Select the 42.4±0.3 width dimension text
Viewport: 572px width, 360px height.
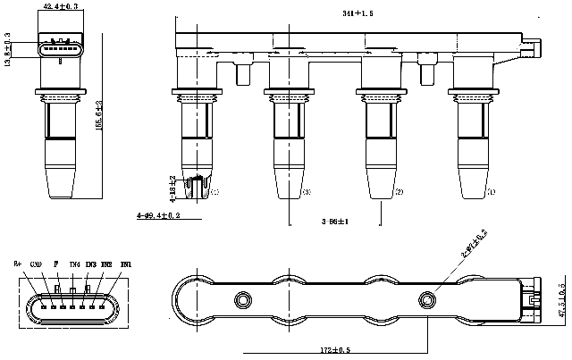pos(60,7)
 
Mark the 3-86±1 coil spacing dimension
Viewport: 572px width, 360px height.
pos(336,220)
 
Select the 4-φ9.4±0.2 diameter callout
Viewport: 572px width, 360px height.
pos(159,216)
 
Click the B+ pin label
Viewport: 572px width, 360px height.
pos(18,264)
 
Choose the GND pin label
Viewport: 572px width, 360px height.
pos(36,264)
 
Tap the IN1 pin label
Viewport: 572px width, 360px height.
pos(125,264)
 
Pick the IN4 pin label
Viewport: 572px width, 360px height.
pos(74,264)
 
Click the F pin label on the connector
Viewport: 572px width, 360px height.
pos(55,264)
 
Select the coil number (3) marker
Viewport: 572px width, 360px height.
pos(307,192)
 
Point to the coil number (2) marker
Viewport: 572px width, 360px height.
pos(400,192)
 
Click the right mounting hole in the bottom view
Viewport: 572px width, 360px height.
pos(426,298)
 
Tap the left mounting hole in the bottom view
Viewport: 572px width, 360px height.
pos(241,298)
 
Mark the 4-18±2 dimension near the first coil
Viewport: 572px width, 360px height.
pos(172,187)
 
